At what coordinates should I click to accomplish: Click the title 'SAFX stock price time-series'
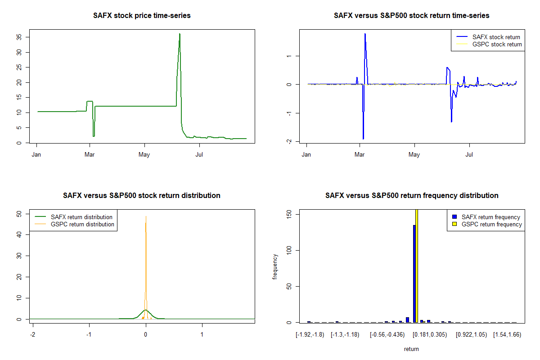(x=142, y=16)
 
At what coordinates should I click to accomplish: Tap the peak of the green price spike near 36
(x=180, y=34)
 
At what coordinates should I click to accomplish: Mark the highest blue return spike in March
(x=365, y=34)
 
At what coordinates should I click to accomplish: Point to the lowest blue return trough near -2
(x=363, y=139)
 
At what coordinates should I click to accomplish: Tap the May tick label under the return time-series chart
(x=414, y=155)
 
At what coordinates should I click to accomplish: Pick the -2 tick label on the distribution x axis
(x=32, y=335)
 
